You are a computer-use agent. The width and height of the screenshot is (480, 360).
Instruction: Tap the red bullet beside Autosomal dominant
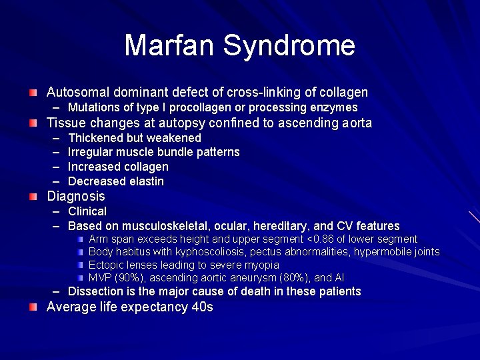click(x=33, y=92)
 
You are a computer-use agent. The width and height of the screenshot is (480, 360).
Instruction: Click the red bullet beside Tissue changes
click(x=33, y=123)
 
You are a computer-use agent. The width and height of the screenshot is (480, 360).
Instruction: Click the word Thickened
click(x=99, y=138)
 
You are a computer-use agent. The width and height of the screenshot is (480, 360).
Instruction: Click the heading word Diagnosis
click(x=75, y=196)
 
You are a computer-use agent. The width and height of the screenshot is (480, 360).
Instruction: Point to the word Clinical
click(x=87, y=211)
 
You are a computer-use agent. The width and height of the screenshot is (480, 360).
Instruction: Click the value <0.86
click(x=319, y=239)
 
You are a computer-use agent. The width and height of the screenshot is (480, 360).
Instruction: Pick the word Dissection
click(x=96, y=291)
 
